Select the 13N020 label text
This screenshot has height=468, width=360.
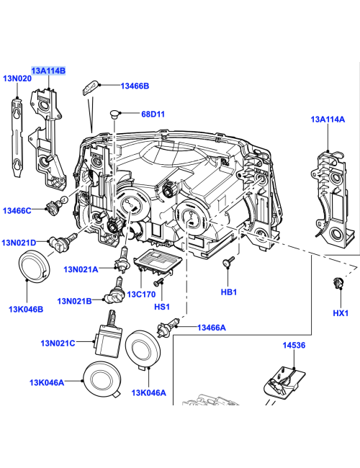[x=17, y=78]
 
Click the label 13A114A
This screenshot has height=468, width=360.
[x=328, y=120]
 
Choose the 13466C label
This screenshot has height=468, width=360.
[x=17, y=210]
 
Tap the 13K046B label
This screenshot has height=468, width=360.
[x=26, y=309]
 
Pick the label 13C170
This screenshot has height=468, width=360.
[x=142, y=294]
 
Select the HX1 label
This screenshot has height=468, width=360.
[x=341, y=313]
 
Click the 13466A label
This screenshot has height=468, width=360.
[x=212, y=328]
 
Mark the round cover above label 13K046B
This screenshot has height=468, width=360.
[x=33, y=267]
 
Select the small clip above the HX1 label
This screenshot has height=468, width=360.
[x=336, y=282]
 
